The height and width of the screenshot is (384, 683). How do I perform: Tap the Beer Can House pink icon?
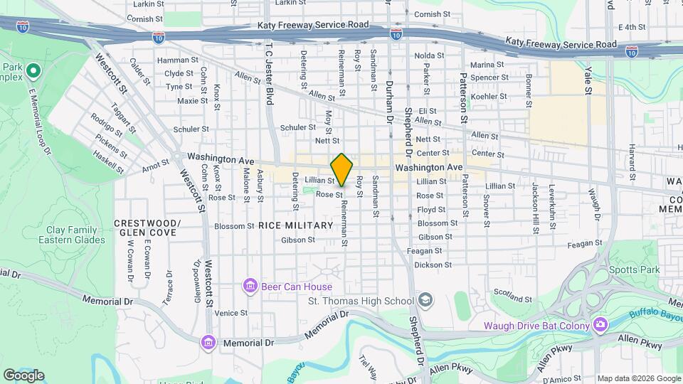250,287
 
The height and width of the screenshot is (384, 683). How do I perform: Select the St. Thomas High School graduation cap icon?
425,300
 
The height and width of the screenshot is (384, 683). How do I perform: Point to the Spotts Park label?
635,270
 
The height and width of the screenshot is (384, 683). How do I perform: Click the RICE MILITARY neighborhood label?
295,225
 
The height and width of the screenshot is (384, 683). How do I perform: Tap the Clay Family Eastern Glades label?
76,235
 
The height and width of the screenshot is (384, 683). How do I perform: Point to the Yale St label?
588,80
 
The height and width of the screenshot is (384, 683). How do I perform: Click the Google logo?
23,375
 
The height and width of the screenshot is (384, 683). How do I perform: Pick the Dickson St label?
428,265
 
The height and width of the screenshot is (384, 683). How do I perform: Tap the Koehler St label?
489,96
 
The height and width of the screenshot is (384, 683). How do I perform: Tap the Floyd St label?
431,210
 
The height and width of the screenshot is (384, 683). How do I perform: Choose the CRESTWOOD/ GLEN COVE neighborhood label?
148,228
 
